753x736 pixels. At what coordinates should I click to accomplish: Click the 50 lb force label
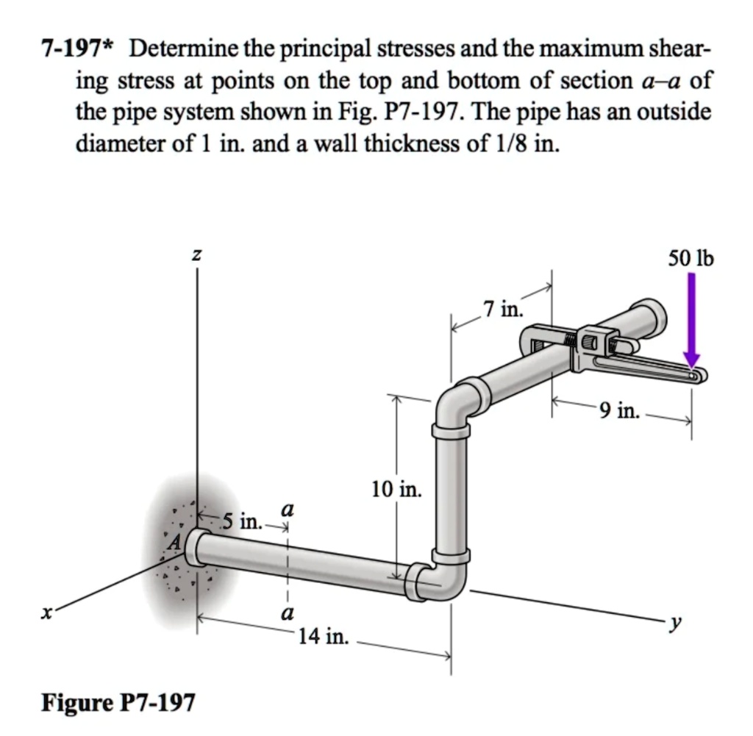690,258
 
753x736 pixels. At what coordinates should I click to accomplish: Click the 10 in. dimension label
397,489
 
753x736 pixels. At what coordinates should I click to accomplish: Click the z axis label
196,256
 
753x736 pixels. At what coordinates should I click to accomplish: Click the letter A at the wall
174,543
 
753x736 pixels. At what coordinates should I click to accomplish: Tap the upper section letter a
288,509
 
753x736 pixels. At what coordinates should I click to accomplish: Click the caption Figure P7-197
118,703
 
